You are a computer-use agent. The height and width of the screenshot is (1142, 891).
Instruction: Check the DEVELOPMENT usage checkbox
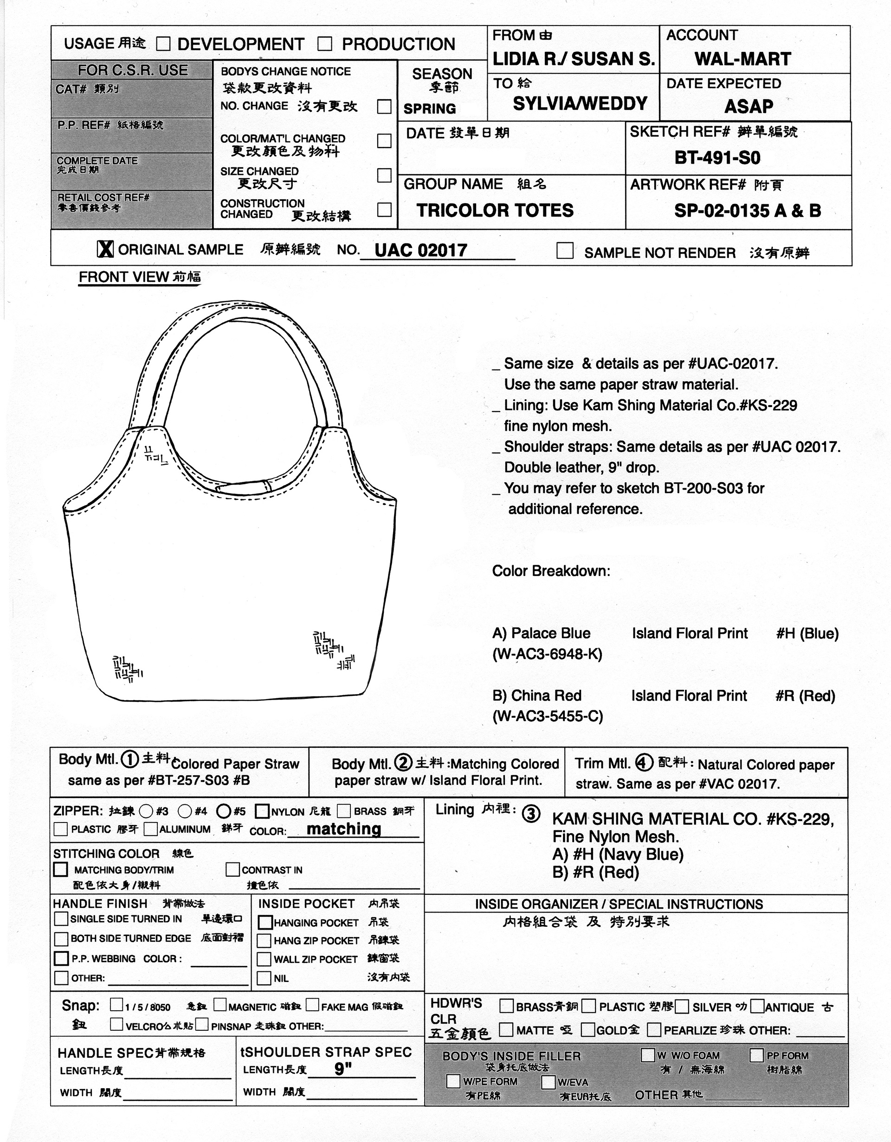(x=164, y=44)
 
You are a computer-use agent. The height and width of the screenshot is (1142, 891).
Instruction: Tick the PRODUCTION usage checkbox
(x=325, y=44)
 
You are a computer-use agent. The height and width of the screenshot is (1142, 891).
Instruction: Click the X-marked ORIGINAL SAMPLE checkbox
(x=105, y=249)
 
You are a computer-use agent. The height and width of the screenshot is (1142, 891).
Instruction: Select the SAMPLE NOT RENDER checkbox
(x=564, y=250)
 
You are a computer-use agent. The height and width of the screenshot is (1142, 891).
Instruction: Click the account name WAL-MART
(x=742, y=59)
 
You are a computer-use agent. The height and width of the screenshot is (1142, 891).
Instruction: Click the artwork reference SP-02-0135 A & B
(x=747, y=211)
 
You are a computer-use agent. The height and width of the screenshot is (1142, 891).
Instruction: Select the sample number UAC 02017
(x=420, y=250)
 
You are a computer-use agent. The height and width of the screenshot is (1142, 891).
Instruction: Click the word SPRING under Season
(x=430, y=109)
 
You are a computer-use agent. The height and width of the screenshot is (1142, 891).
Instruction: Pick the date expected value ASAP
(x=748, y=107)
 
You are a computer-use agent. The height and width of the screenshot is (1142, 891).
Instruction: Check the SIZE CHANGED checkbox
(x=384, y=175)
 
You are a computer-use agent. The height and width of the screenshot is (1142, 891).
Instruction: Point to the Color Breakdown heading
(x=551, y=570)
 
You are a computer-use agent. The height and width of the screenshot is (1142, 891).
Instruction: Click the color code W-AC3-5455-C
(x=548, y=716)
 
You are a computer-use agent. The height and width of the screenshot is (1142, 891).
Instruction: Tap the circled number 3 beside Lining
(x=531, y=814)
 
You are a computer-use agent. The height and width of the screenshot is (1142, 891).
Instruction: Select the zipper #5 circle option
(x=224, y=811)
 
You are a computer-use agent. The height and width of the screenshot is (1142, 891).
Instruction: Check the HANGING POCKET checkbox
(x=265, y=922)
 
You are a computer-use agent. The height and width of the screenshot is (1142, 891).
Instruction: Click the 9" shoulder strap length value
(x=343, y=1070)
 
